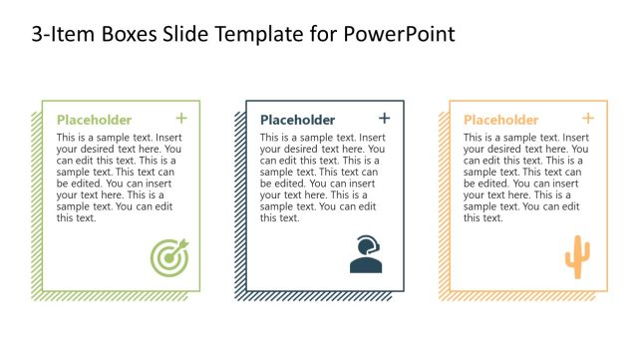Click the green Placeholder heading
pyautogui.click(x=94, y=120)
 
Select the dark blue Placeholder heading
pyautogui.click(x=297, y=120)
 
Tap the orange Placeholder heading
pyautogui.click(x=500, y=120)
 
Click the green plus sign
pyautogui.click(x=181, y=119)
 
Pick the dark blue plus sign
pyautogui.click(x=385, y=119)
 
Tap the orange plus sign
pyautogui.click(x=588, y=119)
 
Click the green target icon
pyautogui.click(x=167, y=257)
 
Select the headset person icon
pyautogui.click(x=365, y=255)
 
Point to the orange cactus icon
pyautogui.click(x=576, y=256)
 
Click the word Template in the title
pyautogui.click(x=259, y=35)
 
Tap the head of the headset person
pyautogui.click(x=367, y=244)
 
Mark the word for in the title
pyautogui.click(x=324, y=35)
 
